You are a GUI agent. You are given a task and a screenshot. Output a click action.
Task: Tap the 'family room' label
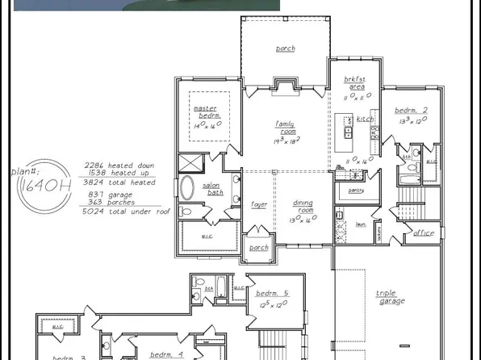click(x=284, y=128)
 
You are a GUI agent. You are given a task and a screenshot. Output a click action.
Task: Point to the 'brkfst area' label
click(x=355, y=82)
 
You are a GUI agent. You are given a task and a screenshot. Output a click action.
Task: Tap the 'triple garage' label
click(x=391, y=297)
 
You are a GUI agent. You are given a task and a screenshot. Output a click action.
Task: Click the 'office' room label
click(x=424, y=233)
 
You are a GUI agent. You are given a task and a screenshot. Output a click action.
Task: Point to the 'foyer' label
click(x=258, y=204)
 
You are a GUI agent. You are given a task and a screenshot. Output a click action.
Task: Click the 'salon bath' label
click(x=211, y=190)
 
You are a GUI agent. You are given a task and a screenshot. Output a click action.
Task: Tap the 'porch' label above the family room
click(x=285, y=48)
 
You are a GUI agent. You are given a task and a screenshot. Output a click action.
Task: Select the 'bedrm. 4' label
click(x=168, y=354)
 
